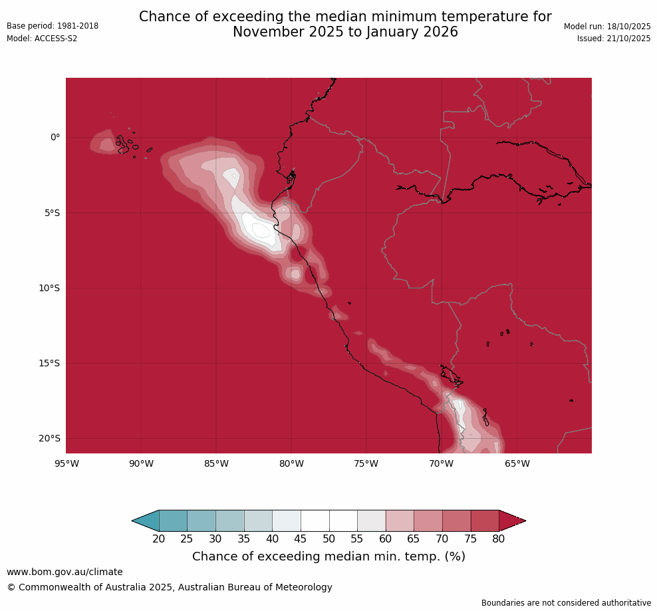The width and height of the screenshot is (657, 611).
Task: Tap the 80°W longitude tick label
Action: pos(291,463)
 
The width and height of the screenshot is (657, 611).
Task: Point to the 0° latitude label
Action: pos(55,138)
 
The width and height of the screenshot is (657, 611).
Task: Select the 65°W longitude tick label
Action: pos(517,463)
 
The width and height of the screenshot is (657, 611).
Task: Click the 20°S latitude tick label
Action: pos(49,438)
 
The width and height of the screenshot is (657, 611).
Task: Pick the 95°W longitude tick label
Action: pos(66,463)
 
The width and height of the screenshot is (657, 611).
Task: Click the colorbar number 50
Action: pos(329,539)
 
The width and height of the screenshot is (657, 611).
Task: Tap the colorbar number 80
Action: pos(499,539)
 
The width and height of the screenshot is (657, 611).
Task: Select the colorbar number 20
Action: pos(159,539)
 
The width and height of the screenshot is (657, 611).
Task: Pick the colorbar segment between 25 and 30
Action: pos(201,521)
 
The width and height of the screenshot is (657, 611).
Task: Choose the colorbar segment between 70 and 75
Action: pos(456,521)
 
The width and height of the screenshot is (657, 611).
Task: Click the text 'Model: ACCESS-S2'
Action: pos(42,39)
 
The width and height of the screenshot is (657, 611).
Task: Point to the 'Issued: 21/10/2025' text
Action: pos(614,39)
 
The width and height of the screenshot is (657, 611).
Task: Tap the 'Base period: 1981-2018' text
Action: pos(53,26)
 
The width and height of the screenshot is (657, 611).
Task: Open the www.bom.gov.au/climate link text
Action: pos(65,572)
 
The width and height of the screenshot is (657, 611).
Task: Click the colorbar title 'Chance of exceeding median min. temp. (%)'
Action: pos(328,556)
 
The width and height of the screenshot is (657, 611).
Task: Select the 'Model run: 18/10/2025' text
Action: pos(607,26)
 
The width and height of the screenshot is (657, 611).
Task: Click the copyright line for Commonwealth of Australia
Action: pos(170,587)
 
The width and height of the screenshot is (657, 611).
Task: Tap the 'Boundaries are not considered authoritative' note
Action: pos(566,603)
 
